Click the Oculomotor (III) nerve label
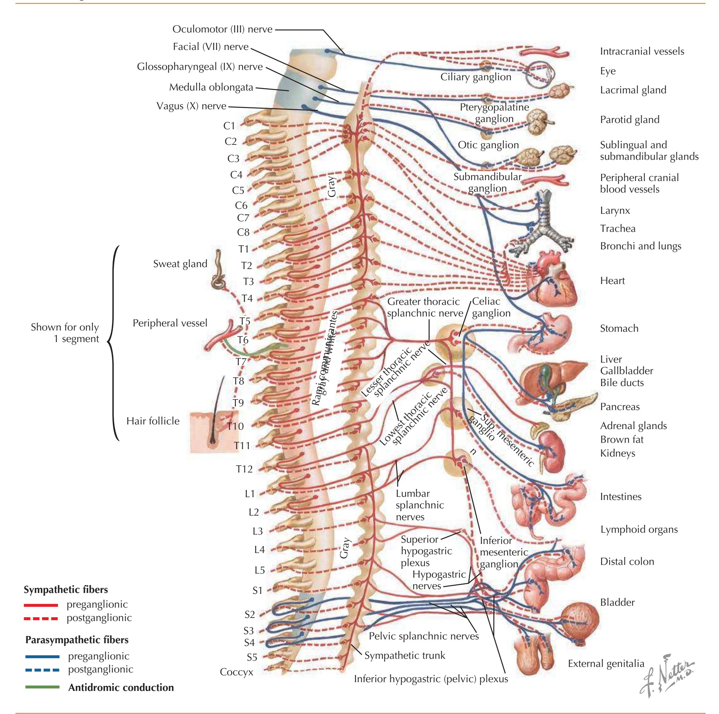[222, 29]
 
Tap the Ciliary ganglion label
[476, 77]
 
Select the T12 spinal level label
[244, 469]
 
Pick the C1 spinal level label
[229, 126]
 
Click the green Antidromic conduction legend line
[42, 687]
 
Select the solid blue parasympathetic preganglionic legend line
[42, 656]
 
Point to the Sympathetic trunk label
[405, 655]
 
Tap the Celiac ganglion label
[491, 307]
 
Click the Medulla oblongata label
[211, 87]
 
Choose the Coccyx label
[236, 672]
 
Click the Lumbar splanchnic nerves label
[420, 505]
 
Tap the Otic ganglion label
[488, 145]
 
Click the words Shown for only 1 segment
[65, 333]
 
